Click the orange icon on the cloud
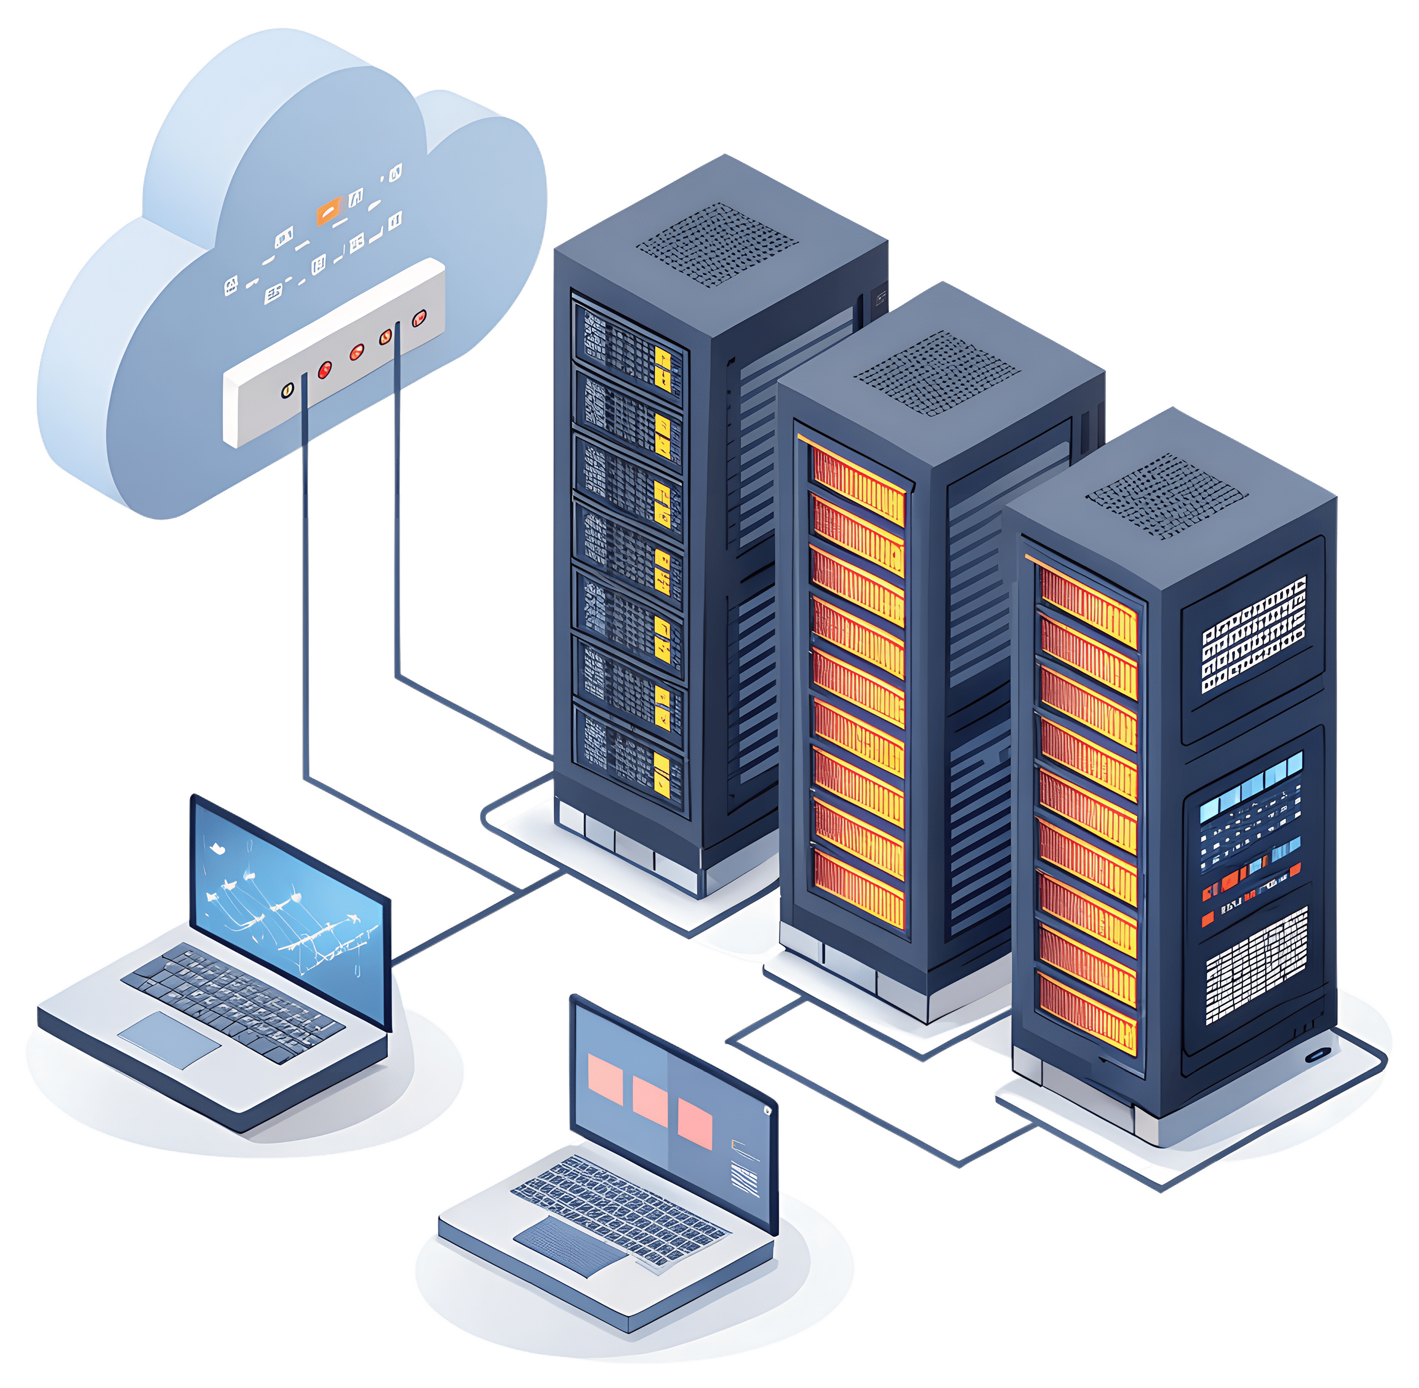click(327, 212)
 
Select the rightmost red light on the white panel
click(418, 318)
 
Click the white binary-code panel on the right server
click(1254, 634)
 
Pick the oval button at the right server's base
click(1317, 1055)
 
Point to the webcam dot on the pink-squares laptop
click(766, 1111)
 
